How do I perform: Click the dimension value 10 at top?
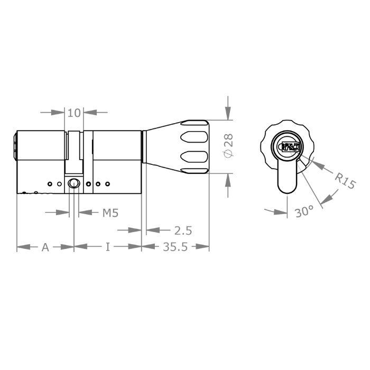tap(75, 112)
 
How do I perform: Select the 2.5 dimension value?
tap(182, 230)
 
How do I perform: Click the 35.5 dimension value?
tap(175, 247)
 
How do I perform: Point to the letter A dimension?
tap(45, 247)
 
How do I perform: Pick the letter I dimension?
tap(108, 247)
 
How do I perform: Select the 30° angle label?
tap(304, 212)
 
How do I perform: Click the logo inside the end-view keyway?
tap(289, 147)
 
